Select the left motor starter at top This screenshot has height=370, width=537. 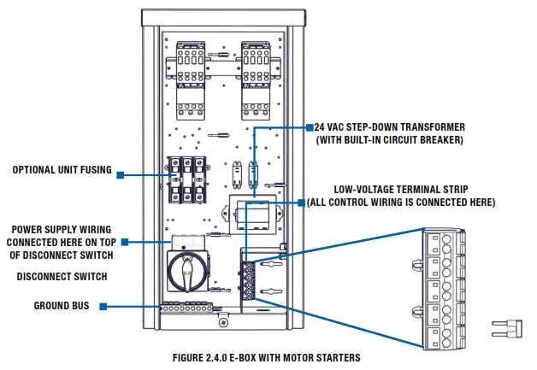(x=190, y=77)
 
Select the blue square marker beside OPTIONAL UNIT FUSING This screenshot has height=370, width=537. (x=121, y=175)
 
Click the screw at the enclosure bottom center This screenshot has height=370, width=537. (x=223, y=322)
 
